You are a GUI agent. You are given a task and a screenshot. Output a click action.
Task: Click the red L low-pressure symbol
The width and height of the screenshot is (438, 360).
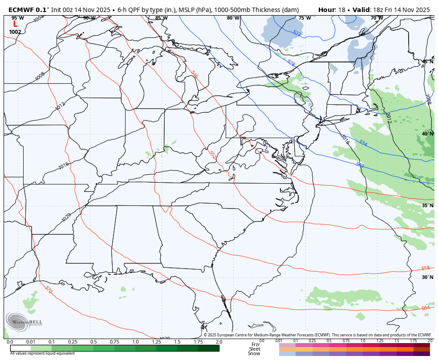(x=15, y=25)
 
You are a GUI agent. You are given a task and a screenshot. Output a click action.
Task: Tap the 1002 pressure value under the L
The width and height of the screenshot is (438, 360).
(x=15, y=32)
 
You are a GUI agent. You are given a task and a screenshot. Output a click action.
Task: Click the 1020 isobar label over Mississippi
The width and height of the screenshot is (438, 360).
(x=66, y=217)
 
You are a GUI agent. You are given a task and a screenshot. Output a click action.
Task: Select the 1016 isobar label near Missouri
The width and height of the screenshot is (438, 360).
(x=64, y=165)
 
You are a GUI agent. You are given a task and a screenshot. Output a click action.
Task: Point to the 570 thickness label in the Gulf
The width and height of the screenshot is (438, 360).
(x=49, y=290)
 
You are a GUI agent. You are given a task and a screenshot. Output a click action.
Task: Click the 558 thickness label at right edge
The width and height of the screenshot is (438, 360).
(x=425, y=268)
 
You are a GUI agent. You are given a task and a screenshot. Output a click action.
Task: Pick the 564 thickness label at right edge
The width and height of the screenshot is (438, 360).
(x=425, y=308)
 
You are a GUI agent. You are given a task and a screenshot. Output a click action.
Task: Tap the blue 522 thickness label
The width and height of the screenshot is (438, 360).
(x=297, y=33)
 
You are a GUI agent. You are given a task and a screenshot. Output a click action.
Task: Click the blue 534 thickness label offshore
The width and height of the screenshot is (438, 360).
(x=363, y=143)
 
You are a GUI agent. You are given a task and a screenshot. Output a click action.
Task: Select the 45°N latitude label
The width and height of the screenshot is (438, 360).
(x=427, y=61)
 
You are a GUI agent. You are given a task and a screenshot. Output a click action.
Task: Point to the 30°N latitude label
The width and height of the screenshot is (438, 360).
(x=427, y=277)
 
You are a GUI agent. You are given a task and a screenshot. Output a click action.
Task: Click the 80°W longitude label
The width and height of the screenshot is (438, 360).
(x=233, y=18)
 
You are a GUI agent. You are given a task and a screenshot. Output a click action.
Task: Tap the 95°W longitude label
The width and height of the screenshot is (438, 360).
(x=18, y=18)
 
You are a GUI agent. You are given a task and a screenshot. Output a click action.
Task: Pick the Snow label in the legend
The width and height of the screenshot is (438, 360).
(x=254, y=353)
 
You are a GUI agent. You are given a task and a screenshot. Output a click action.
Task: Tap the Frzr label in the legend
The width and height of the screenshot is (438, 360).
(x=255, y=344)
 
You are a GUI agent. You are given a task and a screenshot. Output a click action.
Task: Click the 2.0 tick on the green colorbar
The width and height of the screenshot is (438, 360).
(x=219, y=342)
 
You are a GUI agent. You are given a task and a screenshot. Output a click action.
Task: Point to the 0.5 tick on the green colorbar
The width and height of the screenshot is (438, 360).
(x=93, y=342)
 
